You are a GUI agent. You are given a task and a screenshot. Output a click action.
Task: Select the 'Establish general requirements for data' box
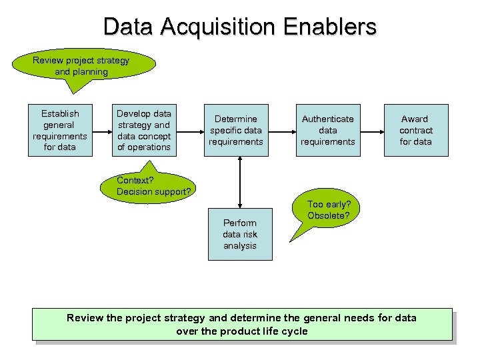(x=60, y=130)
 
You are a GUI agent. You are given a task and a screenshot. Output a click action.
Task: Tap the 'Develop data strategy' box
(x=144, y=130)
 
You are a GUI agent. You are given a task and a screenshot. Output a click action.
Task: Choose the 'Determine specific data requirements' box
(x=236, y=130)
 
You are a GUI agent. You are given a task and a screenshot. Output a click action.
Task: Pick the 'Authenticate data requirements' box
(x=328, y=130)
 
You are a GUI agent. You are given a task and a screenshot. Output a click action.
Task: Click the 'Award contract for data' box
(x=415, y=130)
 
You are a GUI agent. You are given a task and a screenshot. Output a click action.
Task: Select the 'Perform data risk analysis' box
(x=240, y=235)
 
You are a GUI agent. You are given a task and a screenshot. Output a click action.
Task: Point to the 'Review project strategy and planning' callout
(x=82, y=66)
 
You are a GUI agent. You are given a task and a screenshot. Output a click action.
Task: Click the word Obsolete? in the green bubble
(x=329, y=215)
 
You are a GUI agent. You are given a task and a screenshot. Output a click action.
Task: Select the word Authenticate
(x=328, y=119)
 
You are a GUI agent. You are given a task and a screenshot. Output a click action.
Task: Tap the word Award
(x=415, y=119)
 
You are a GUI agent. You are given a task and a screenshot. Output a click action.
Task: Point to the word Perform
(x=240, y=223)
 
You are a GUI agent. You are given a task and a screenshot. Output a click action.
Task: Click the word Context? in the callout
(x=135, y=180)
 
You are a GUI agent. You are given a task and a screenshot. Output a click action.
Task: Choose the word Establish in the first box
(x=60, y=113)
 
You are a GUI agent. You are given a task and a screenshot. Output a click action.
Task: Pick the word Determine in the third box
(x=236, y=119)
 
